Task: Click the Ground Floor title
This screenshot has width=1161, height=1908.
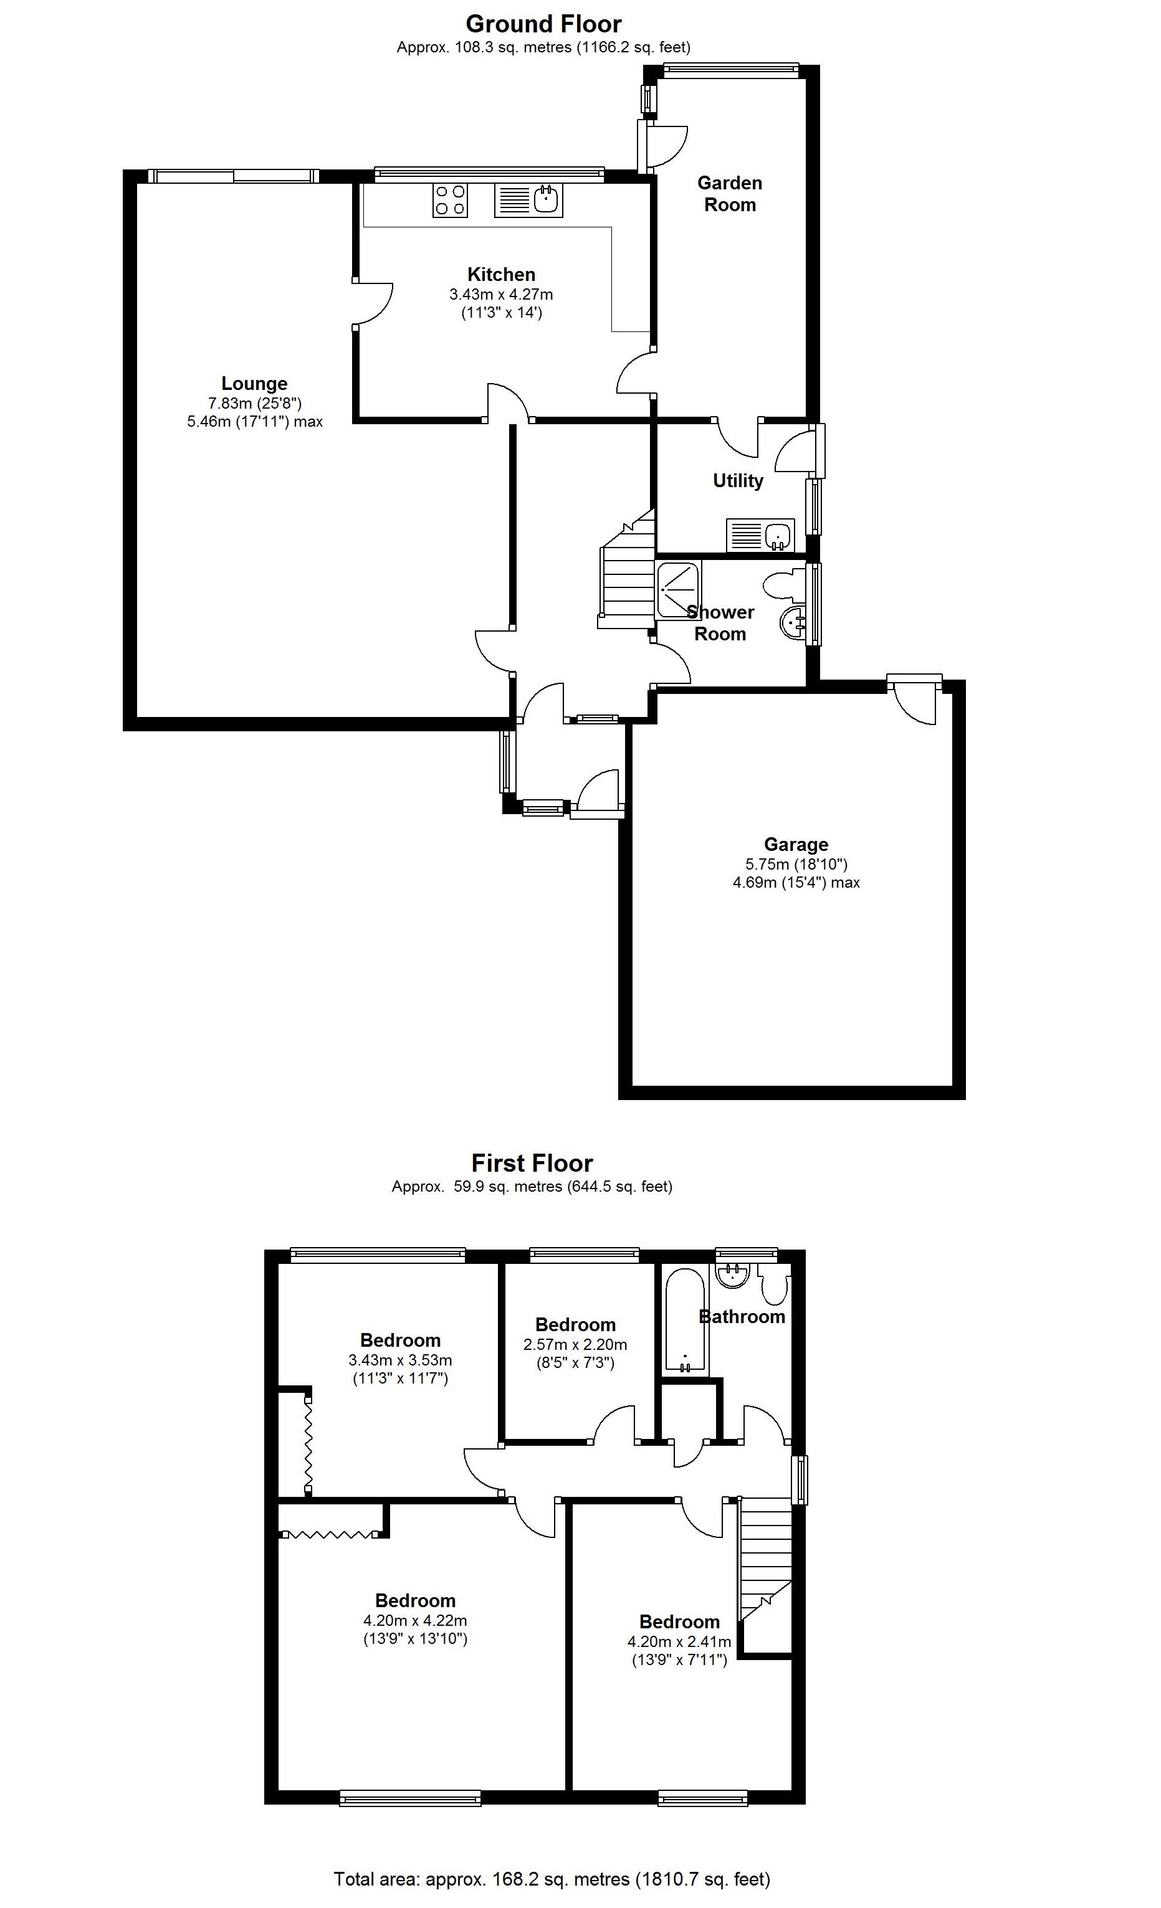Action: [543, 24]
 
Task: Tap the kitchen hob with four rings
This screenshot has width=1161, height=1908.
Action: [450, 200]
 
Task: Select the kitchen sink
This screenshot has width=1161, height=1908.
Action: [529, 201]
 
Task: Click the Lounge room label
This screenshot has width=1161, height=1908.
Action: [254, 383]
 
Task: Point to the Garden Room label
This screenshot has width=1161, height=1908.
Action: [730, 194]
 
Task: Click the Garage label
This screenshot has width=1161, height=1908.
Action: [795, 844]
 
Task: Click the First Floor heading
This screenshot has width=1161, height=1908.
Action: [532, 1163]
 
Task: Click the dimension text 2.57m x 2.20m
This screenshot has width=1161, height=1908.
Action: [575, 1344]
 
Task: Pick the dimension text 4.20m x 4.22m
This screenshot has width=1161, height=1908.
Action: [415, 1621]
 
